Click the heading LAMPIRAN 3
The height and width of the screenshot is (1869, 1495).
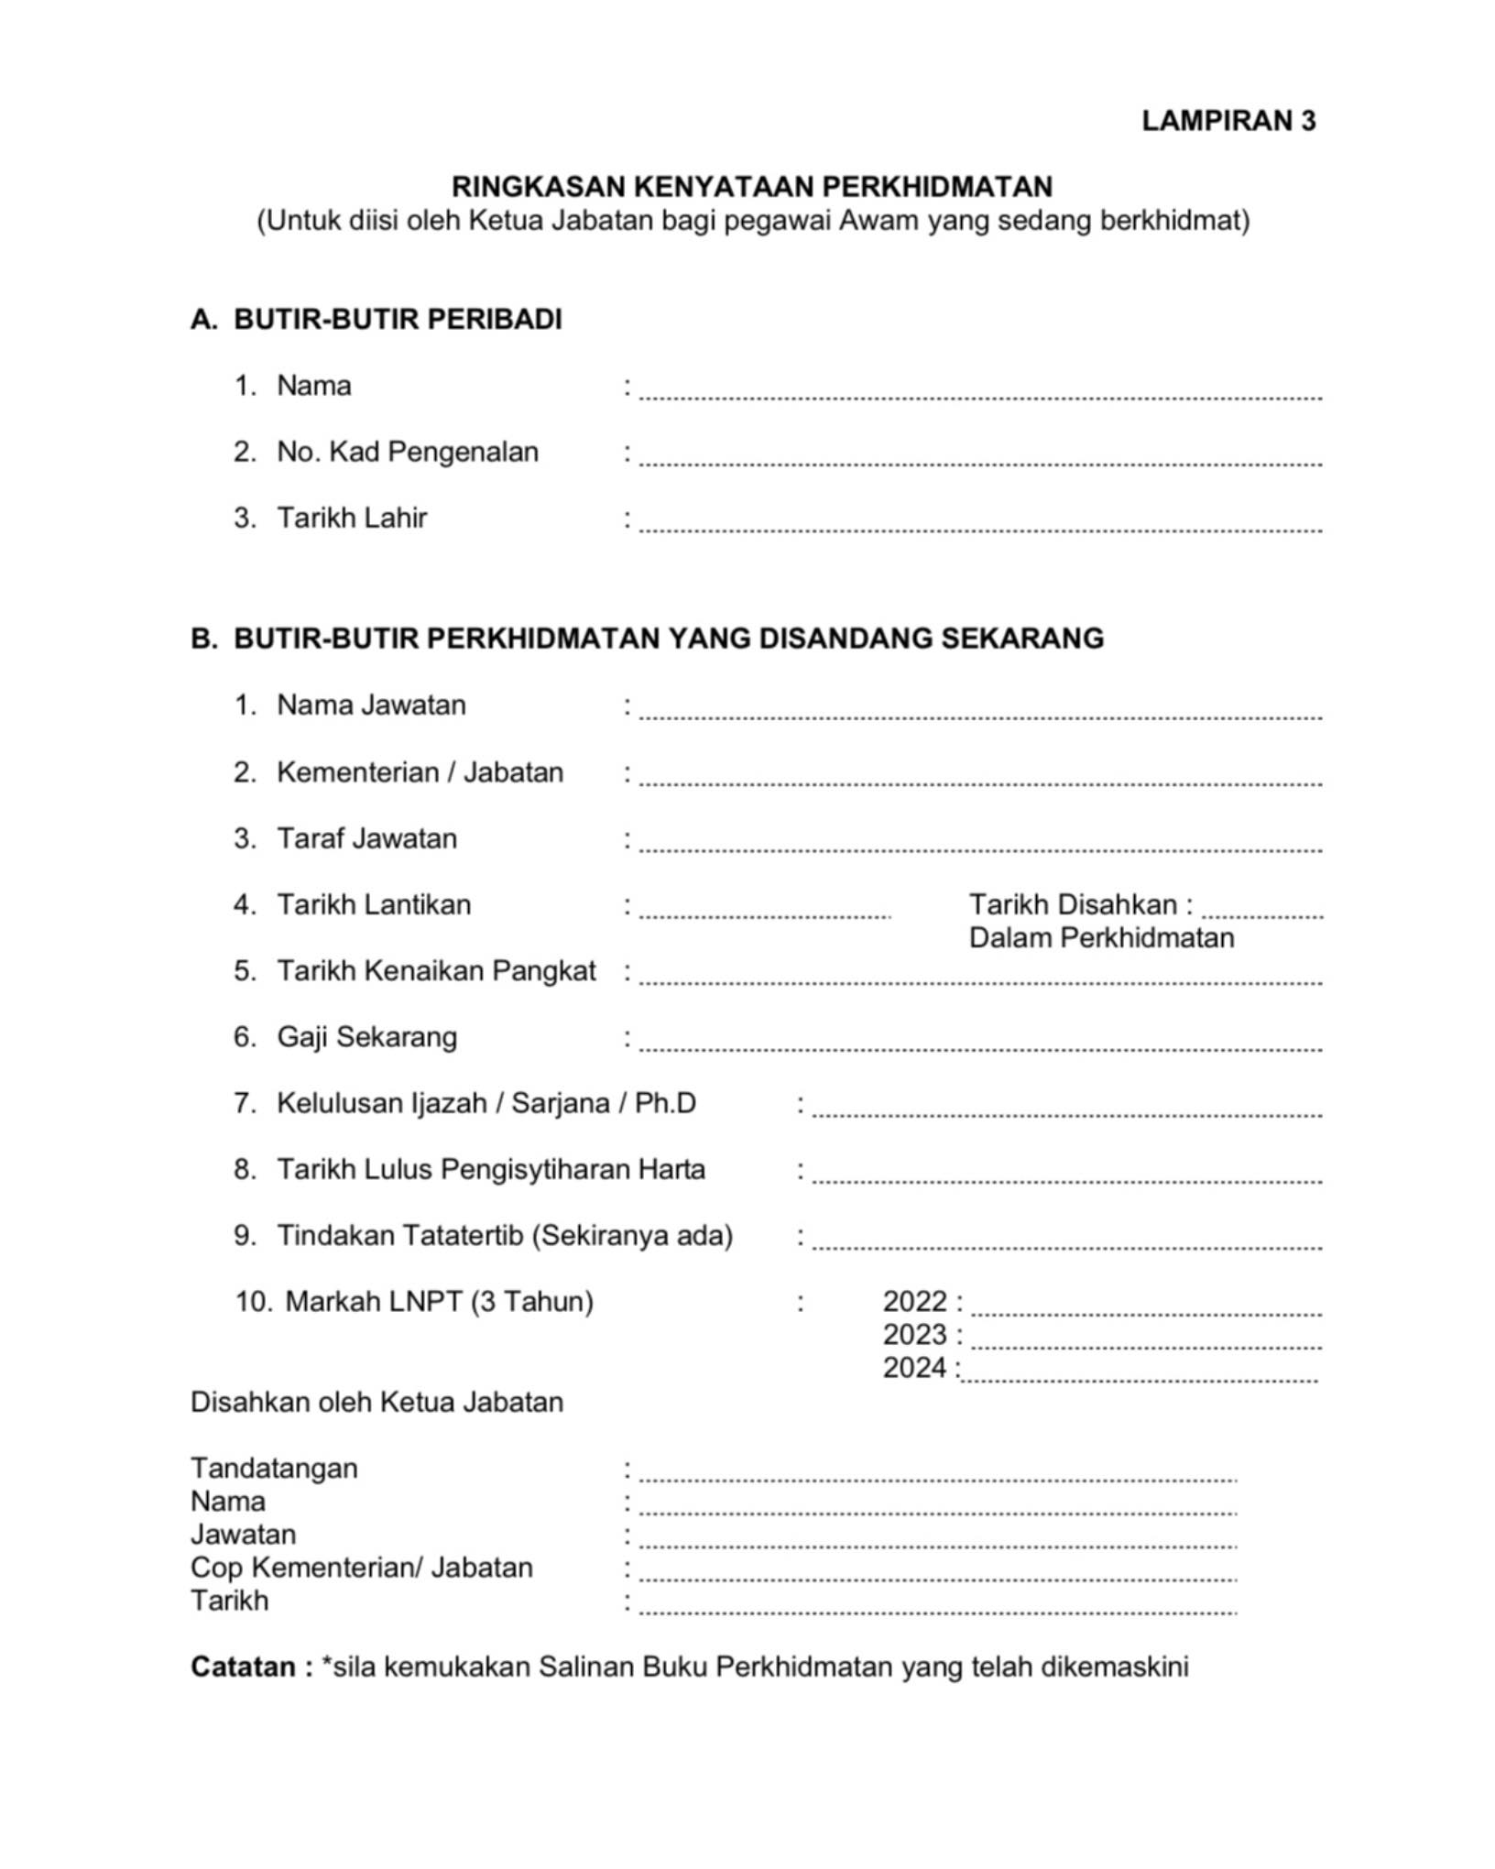click(x=1228, y=121)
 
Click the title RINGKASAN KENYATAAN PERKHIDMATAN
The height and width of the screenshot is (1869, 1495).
click(x=751, y=187)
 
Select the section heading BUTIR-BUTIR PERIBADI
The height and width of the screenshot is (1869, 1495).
click(x=398, y=320)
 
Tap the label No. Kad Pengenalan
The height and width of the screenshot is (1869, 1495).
click(x=407, y=452)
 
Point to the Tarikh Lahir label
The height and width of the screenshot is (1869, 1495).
click(x=352, y=519)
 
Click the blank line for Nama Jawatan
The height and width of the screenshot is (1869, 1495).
click(x=980, y=713)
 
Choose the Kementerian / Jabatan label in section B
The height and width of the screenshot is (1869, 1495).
click(x=420, y=772)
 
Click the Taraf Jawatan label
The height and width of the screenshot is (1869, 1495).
click(x=366, y=839)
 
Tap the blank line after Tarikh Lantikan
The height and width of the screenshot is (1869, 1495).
click(x=764, y=912)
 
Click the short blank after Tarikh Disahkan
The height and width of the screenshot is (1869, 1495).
click(x=1261, y=912)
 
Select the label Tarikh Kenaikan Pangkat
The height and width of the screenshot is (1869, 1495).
click(x=436, y=971)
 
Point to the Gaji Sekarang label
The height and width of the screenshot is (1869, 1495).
click(x=366, y=1037)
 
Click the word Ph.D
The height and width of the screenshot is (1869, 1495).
click(x=665, y=1103)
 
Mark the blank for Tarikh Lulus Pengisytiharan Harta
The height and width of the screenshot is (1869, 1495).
click(x=1066, y=1177)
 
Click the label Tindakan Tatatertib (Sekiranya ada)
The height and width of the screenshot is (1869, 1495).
click(x=505, y=1236)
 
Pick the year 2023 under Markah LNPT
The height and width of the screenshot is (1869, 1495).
click(x=914, y=1335)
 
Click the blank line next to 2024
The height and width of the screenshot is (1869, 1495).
click(x=1140, y=1377)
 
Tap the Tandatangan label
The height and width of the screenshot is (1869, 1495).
click(x=274, y=1469)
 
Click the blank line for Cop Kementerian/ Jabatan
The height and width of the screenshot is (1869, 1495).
click(x=937, y=1576)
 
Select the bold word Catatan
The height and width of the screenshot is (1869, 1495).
click(x=243, y=1667)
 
